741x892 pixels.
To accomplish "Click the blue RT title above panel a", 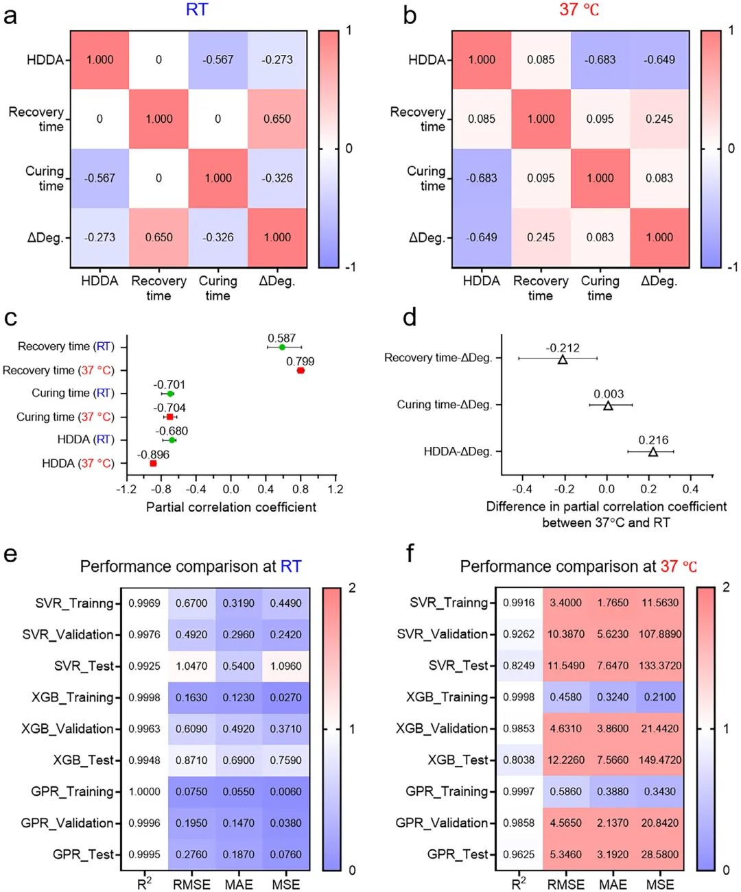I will click(197, 10).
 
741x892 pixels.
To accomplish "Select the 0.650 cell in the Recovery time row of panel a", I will click(277, 119).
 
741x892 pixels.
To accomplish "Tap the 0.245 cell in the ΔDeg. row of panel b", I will click(541, 237).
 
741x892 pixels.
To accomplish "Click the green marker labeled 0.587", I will click(282, 348).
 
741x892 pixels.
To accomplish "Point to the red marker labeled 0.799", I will click(301, 371).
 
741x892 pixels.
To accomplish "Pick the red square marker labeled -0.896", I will click(153, 464).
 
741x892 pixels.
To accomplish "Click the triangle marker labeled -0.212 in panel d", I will click(563, 359).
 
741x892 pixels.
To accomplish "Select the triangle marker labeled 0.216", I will click(653, 452).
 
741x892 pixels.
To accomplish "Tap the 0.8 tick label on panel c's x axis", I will click(301, 490).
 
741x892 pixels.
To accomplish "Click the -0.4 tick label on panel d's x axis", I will click(522, 490).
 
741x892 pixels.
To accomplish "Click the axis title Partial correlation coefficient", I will click(231, 507).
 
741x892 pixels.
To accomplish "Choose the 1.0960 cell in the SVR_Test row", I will click(285, 666).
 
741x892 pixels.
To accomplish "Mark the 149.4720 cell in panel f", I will click(660, 760).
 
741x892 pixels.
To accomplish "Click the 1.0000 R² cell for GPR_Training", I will click(144, 791).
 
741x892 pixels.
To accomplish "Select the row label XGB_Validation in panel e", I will click(67, 728).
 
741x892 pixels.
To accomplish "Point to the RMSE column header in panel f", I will click(566, 884).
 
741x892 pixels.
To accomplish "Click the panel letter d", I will click(410, 317).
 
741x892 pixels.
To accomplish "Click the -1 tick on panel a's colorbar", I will click(350, 267).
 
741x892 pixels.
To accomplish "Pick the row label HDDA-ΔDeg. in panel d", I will click(458, 452).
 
